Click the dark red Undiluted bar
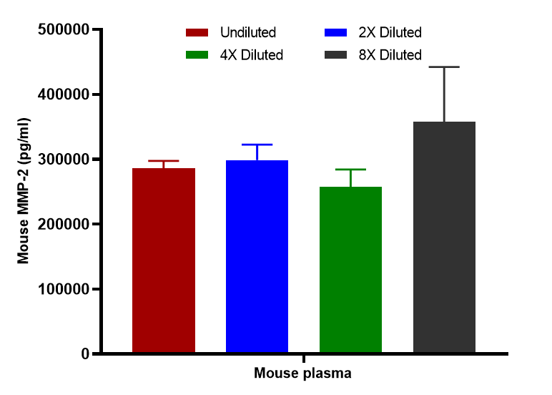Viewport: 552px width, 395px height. click(164, 260)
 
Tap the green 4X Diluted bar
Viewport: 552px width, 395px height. click(350, 270)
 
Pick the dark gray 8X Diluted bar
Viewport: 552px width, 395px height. click(444, 238)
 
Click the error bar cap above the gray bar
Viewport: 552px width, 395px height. click(444, 67)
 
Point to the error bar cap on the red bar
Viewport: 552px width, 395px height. click(164, 161)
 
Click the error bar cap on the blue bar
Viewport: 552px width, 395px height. click(257, 145)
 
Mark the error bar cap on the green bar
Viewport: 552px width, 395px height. click(350, 170)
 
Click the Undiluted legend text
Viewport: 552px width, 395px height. click(248, 32)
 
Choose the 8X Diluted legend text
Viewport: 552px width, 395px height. click(390, 55)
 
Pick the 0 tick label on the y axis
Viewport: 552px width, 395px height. click(85, 353)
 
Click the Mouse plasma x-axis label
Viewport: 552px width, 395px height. click(303, 374)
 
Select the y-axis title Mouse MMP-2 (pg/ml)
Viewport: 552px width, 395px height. click(24, 191)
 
